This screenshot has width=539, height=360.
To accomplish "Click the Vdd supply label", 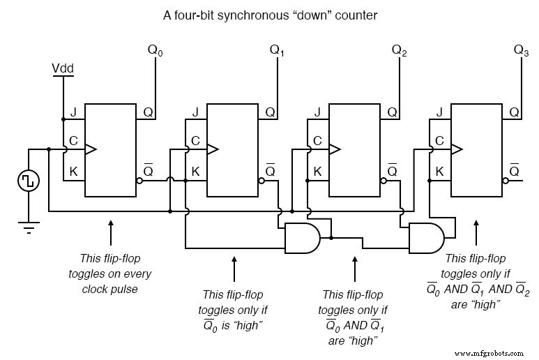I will click(x=63, y=68).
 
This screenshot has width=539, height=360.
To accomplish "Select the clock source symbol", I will click(x=29, y=181).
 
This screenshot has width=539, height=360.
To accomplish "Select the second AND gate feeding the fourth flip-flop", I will click(x=425, y=238).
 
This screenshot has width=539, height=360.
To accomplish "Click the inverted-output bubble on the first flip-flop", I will click(x=140, y=181).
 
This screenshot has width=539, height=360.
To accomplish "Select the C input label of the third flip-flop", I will click(x=317, y=141).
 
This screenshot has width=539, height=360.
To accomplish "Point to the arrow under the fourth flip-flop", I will click(x=476, y=230).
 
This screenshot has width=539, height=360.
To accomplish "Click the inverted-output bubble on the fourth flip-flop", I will click(x=506, y=181).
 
